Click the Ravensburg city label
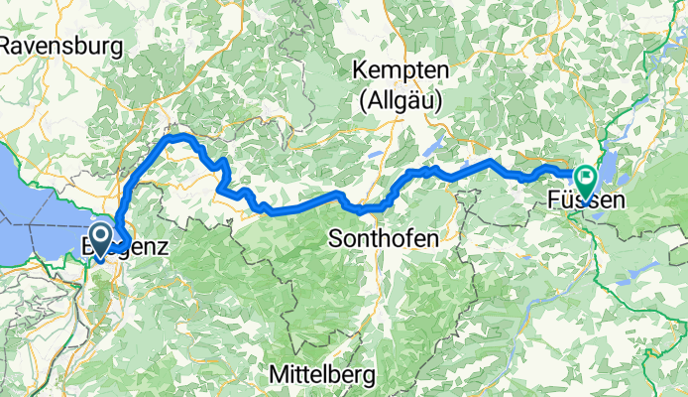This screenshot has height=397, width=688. pos(61,46)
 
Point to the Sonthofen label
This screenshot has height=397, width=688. pos(383,239)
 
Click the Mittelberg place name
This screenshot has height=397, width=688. pos(322,375)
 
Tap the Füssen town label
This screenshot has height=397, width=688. pos(586,200)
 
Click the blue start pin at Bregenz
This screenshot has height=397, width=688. pos(100,237)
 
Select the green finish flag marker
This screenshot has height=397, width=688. pos(586,180)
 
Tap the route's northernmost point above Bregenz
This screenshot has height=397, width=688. pos(179,135)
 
